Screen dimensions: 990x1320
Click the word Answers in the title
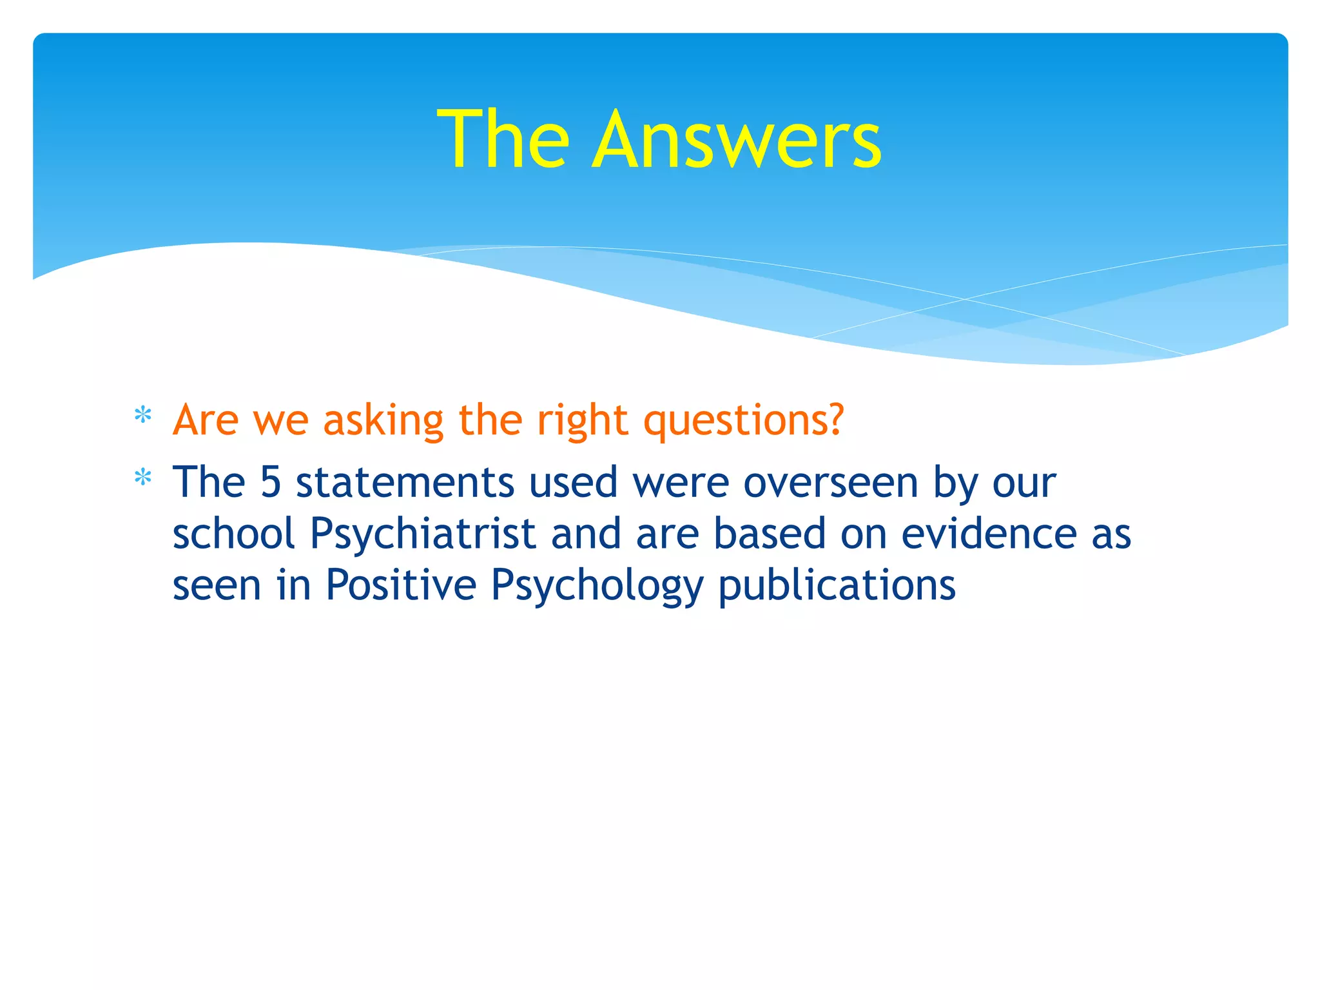tap(736, 140)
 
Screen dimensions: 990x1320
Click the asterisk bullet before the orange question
tap(142, 416)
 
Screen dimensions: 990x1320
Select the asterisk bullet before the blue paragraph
tap(142, 478)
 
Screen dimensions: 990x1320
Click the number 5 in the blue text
tap(271, 482)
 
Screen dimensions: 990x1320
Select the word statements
tap(405, 482)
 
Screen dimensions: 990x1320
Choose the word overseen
tap(830, 482)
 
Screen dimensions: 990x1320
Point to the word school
tap(233, 534)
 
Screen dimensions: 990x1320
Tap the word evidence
tap(989, 534)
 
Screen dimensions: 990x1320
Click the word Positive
tap(401, 585)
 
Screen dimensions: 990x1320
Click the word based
tap(770, 534)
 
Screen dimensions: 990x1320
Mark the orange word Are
tap(206, 420)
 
